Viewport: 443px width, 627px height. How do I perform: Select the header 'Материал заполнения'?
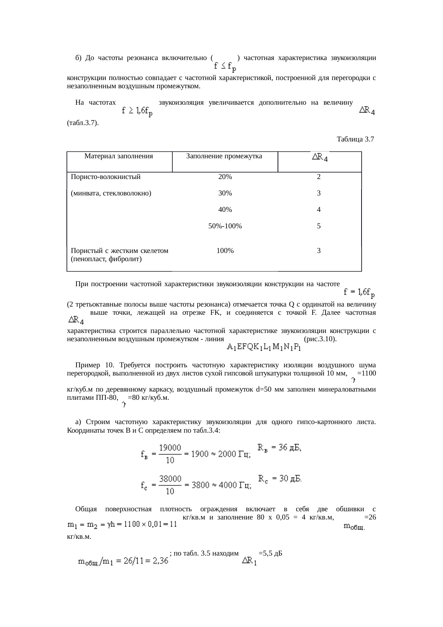[x=119, y=156]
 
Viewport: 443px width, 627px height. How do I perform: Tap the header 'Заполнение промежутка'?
[x=224, y=156]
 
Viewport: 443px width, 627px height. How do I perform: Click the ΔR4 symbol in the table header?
[x=320, y=157]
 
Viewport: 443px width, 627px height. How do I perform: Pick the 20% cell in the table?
[x=225, y=177]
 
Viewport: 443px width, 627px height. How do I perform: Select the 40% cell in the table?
[x=225, y=210]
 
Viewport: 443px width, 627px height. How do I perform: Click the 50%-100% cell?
[x=225, y=226]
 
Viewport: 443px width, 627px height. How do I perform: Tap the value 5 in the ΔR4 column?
[x=319, y=226]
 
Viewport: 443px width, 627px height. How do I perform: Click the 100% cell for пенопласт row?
[x=225, y=251]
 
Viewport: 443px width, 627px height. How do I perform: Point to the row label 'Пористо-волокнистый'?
[x=106, y=177]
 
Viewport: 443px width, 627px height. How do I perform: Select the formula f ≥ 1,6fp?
[x=137, y=112]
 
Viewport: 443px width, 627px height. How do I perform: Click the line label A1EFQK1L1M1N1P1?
[x=264, y=347]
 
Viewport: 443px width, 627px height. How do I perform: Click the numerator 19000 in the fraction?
[x=170, y=448]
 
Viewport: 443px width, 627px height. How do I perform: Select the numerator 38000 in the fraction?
[x=170, y=479]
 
